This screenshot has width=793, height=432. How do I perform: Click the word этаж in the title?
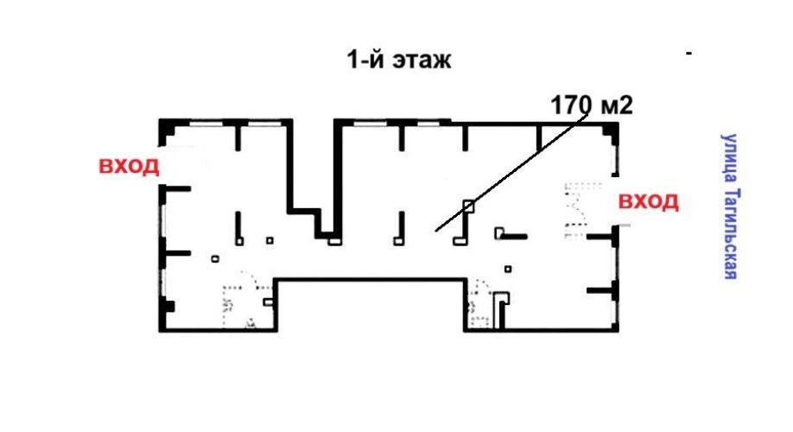coord(422,60)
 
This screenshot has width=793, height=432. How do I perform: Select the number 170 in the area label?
coord(571,105)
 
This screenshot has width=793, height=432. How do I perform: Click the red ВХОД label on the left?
coord(129,166)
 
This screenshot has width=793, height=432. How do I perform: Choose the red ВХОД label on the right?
coord(649,202)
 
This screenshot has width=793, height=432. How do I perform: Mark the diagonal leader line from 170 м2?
coord(511,173)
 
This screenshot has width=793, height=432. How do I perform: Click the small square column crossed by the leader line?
coord(469,206)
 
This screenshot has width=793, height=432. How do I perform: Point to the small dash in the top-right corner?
coord(688,53)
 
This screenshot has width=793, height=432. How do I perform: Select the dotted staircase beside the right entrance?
coord(576,209)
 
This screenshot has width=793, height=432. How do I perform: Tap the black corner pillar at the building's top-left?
coord(167,129)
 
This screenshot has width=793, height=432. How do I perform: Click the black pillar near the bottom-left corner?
coord(168,306)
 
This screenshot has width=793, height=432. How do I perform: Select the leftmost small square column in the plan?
coord(215,259)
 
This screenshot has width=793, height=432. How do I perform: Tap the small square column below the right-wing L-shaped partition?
coord(508,269)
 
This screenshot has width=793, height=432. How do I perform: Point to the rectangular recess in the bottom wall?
coord(370,304)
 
